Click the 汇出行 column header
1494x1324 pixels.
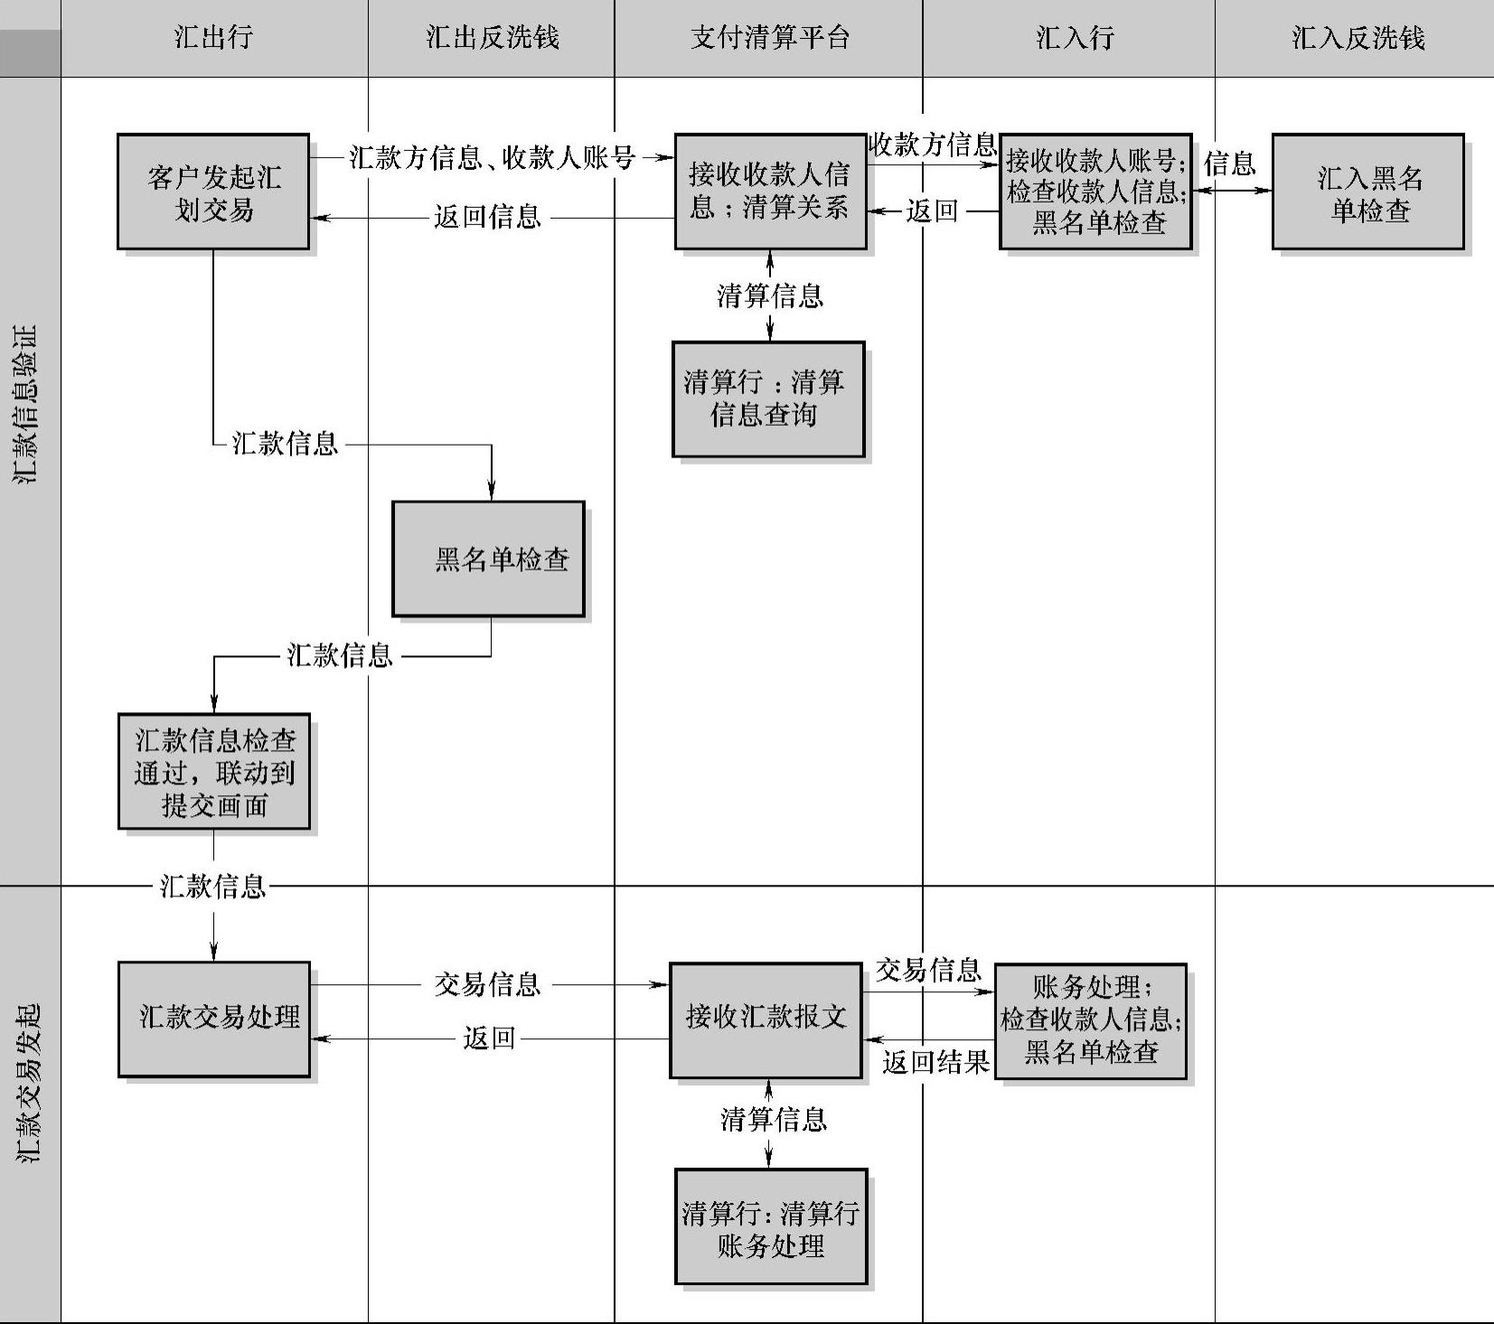coord(213,38)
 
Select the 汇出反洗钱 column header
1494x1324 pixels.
coord(492,38)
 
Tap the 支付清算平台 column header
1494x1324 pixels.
coord(769,38)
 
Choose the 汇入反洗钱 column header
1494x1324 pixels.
coord(1358,38)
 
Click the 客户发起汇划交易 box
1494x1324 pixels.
coord(213,192)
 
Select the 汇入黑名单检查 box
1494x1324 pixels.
coord(1368,192)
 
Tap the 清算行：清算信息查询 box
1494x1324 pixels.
coord(768,399)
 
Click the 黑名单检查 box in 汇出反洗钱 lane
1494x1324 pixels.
coord(489,559)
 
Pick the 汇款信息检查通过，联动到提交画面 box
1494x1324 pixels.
coord(214,772)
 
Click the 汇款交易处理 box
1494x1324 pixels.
coord(214,1019)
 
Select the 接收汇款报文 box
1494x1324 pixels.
coord(766,1019)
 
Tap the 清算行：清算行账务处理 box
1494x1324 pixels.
coord(771,1226)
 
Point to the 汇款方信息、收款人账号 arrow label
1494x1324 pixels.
coord(492,158)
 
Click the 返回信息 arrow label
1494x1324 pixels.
coord(487,217)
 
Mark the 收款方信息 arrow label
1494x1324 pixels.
coord(932,145)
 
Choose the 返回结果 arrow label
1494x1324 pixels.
coord(935,1062)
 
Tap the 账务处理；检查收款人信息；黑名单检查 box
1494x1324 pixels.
coord(1091,1020)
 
